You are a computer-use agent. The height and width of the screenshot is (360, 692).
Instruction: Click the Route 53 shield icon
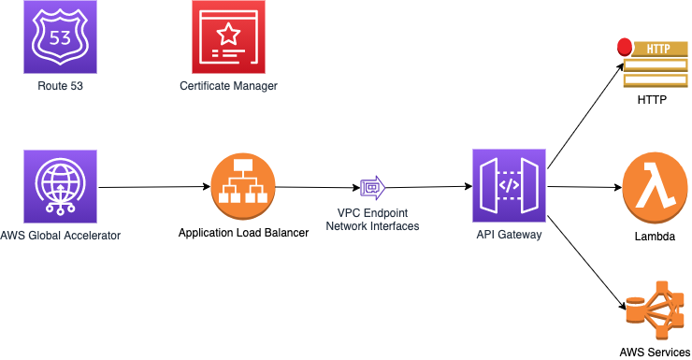(60, 37)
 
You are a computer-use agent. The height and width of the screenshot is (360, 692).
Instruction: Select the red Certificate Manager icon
(228, 37)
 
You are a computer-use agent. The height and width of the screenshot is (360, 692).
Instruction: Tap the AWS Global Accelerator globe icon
(60, 186)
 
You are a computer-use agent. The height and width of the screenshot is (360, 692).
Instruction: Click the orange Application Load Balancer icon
(243, 186)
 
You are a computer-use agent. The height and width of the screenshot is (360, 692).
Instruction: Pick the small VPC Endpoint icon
(373, 188)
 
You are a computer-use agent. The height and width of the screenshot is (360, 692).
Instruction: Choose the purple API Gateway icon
(510, 186)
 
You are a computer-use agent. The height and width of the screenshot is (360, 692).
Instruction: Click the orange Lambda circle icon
(655, 188)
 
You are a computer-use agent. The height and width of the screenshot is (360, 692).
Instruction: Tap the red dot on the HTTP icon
(625, 47)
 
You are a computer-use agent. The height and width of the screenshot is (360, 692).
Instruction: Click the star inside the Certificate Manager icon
(228, 34)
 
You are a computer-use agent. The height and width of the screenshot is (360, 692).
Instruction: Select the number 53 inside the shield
(60, 38)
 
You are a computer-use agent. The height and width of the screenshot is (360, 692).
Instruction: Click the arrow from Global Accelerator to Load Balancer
(154, 187)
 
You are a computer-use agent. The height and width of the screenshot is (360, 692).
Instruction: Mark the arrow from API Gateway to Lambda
(584, 187)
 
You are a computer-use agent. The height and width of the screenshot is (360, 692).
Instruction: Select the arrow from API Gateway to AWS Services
(586, 263)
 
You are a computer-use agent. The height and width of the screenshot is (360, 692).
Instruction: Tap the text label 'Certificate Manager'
(228, 86)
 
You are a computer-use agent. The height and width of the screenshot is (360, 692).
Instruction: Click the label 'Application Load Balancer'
(244, 233)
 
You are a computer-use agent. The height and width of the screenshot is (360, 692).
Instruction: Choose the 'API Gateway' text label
(510, 235)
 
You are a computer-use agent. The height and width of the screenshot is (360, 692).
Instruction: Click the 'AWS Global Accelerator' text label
(61, 236)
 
